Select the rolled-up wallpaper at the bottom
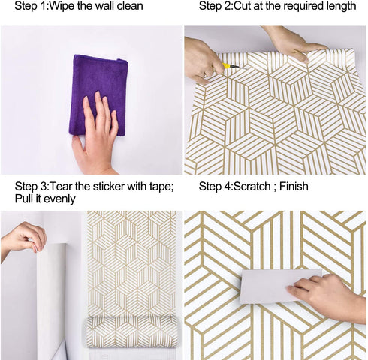pyautogui.click(x=132, y=330)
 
